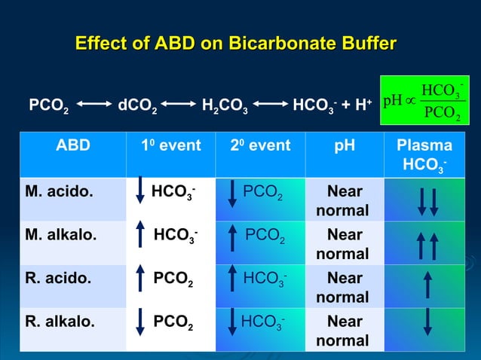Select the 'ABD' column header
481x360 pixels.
(x=72, y=146)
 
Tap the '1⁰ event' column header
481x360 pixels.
(x=170, y=146)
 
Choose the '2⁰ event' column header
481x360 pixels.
(x=260, y=146)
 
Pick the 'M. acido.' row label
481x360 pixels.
(x=60, y=191)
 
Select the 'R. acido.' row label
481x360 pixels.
(x=58, y=278)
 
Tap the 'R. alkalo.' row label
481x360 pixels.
(x=60, y=322)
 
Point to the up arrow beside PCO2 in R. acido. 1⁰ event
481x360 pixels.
(x=139, y=285)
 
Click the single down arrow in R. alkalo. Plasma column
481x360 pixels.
(x=427, y=322)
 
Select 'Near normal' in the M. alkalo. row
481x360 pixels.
(x=342, y=243)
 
